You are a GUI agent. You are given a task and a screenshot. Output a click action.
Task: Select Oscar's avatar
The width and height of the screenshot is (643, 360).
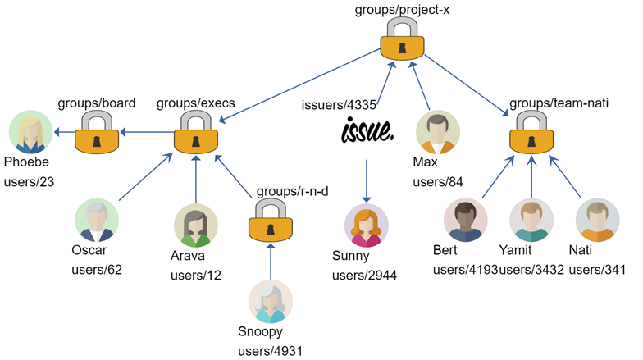coord(97,221)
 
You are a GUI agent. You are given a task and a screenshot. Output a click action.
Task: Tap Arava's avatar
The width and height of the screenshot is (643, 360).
coord(195,226)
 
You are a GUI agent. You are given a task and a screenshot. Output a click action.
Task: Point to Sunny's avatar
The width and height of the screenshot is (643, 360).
coord(367,226)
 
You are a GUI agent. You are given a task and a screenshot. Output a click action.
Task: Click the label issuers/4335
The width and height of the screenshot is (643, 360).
coord(339,103)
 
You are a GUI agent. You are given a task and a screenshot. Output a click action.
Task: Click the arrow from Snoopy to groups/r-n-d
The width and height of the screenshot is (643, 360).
coord(270,263)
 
